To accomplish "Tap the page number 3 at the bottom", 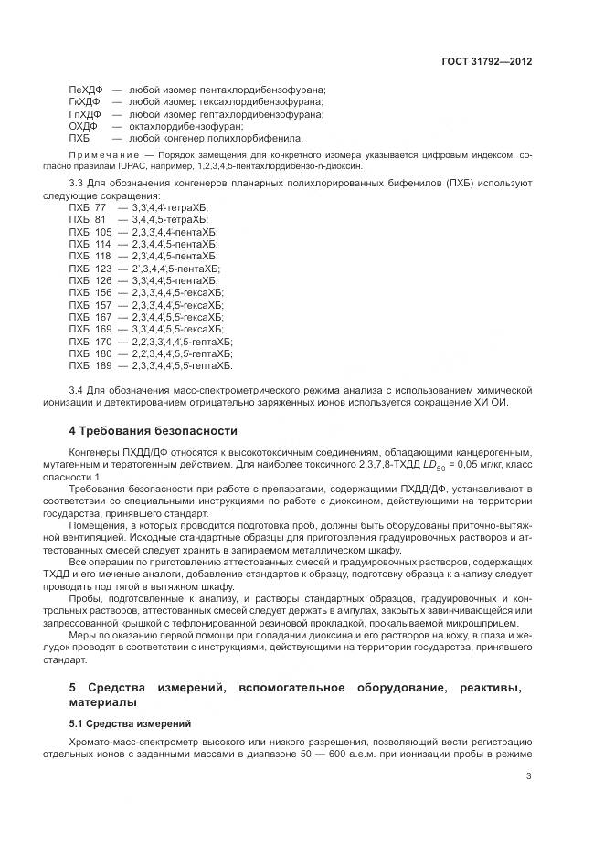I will pos(529,777).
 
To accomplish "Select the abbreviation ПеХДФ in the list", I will pos(85,90).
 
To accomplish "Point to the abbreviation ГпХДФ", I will pos(85,114).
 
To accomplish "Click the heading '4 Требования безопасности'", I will pos(153,430).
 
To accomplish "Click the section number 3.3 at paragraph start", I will pos(77,185).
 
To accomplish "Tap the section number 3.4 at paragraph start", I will pos(77,390).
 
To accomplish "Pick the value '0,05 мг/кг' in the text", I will pos(471,465).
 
